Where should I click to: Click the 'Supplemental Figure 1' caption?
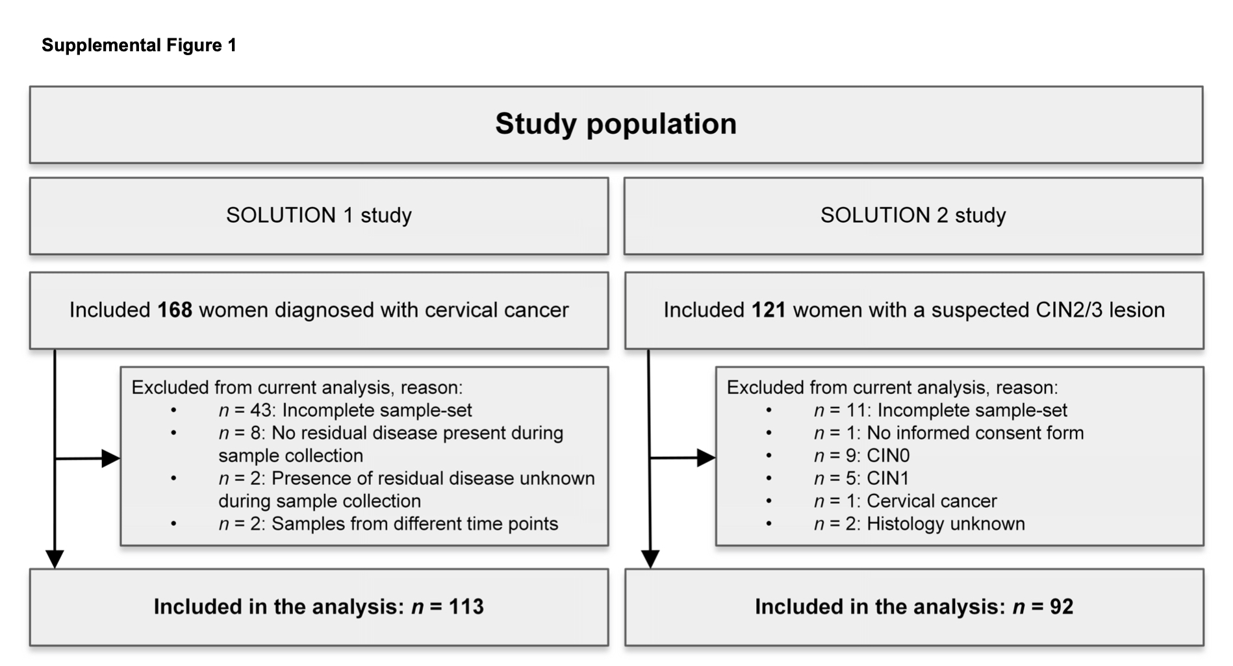point(139,45)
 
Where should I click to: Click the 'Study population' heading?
point(616,124)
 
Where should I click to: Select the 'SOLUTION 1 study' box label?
point(318,216)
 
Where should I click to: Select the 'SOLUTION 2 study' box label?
point(913,216)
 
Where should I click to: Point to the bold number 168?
point(175,310)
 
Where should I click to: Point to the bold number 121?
point(769,310)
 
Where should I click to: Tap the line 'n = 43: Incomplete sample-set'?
point(345,410)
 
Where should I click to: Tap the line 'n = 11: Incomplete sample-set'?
point(940,410)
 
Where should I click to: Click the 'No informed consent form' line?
point(948,433)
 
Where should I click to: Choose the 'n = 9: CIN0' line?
point(861,456)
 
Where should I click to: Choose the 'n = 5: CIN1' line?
point(861,478)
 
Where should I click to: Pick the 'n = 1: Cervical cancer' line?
point(905,501)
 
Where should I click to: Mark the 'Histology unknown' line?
point(919,524)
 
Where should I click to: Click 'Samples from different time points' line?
point(388,524)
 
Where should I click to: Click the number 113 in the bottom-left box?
point(466,607)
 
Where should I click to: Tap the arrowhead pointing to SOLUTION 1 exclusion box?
point(111,458)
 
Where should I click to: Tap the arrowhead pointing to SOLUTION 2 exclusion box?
point(706,458)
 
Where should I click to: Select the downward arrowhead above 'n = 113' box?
point(55,559)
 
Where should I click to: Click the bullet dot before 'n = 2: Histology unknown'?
point(769,524)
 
